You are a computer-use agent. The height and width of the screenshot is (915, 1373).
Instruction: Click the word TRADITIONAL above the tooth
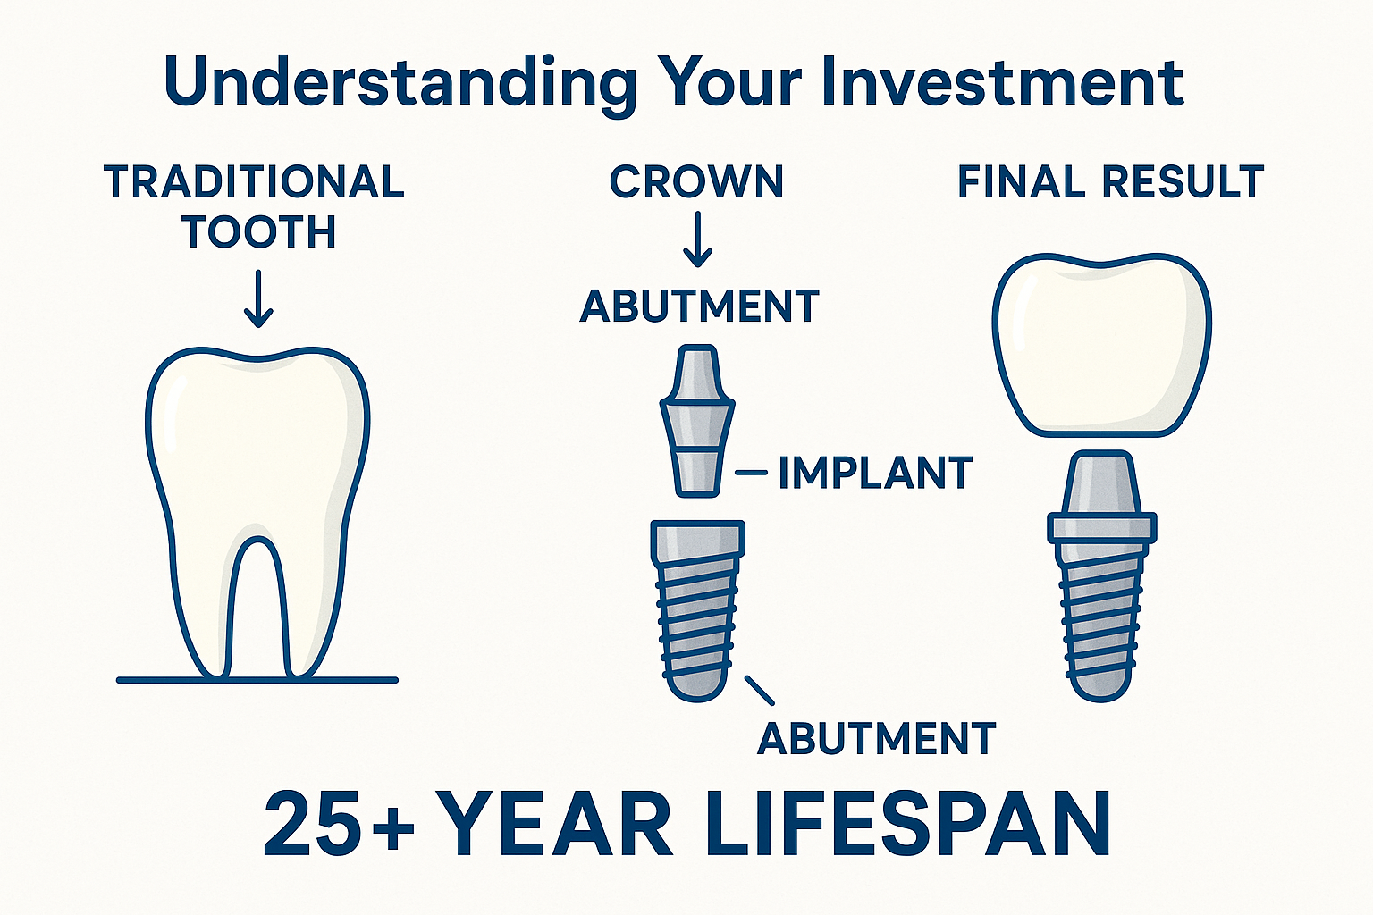[255, 182]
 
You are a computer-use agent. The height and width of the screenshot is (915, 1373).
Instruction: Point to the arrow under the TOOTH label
[258, 298]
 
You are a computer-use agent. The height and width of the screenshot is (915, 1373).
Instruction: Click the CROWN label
[696, 182]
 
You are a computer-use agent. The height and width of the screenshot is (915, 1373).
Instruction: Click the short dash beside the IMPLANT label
[751, 473]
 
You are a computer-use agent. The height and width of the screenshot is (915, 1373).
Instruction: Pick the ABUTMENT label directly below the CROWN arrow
[699, 306]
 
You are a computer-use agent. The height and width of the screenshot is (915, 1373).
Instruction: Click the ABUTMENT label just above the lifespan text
[876, 739]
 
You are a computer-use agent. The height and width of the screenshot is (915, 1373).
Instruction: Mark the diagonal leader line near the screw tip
[759, 689]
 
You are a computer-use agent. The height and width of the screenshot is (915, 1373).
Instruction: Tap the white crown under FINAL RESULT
[1101, 344]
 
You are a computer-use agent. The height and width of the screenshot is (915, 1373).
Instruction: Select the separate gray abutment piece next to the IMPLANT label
[697, 420]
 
